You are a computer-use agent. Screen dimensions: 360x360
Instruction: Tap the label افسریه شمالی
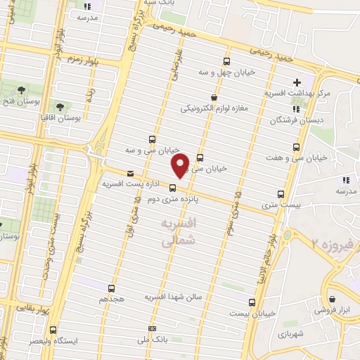[177, 232]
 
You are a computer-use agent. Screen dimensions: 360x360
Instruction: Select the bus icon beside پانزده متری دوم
[172, 187]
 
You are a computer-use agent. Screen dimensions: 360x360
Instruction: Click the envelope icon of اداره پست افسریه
[129, 173]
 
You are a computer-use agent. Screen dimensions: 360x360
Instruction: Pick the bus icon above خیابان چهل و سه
[226, 61]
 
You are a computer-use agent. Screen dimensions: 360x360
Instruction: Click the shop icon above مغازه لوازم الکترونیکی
[214, 98]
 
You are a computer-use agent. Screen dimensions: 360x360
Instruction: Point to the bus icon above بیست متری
[281, 194]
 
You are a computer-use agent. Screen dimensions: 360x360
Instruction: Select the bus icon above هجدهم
[111, 288]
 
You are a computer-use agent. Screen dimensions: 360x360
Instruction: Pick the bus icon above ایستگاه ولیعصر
[54, 329]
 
